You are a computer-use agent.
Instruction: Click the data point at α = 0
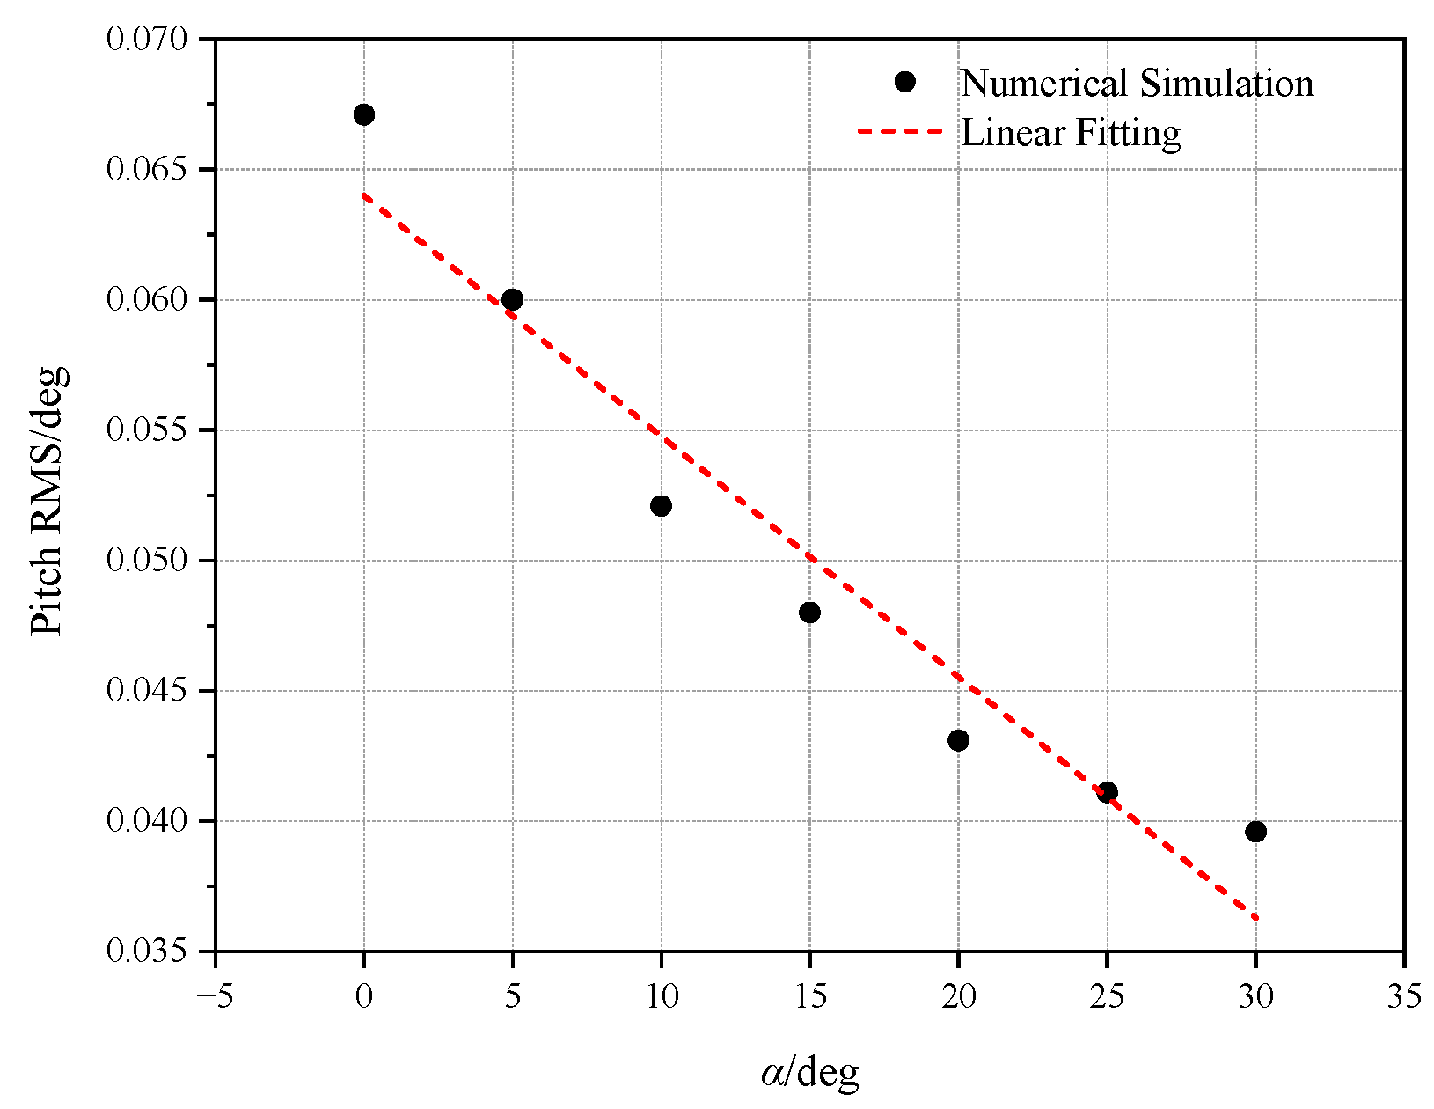click(364, 114)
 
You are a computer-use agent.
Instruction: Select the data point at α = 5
click(513, 300)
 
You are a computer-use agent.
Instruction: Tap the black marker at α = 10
click(662, 506)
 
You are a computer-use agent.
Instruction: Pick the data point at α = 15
click(810, 613)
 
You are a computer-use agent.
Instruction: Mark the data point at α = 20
click(959, 740)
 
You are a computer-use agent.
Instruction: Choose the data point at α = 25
click(1108, 792)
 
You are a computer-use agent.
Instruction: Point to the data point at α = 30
click(1256, 832)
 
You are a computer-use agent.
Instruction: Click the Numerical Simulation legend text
click(1137, 84)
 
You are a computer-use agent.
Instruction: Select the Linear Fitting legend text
click(1071, 133)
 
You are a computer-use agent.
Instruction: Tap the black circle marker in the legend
click(904, 82)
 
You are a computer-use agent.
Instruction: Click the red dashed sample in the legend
click(899, 132)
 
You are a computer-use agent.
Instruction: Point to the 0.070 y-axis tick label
click(147, 40)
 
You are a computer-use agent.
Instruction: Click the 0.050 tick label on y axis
click(147, 561)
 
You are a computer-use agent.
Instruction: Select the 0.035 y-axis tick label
click(147, 951)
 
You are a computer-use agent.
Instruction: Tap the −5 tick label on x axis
click(215, 997)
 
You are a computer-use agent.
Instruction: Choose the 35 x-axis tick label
click(1404, 997)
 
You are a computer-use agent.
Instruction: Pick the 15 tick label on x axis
click(810, 997)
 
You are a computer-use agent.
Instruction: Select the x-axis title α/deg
click(809, 1072)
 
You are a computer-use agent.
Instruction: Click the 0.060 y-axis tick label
click(147, 300)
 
